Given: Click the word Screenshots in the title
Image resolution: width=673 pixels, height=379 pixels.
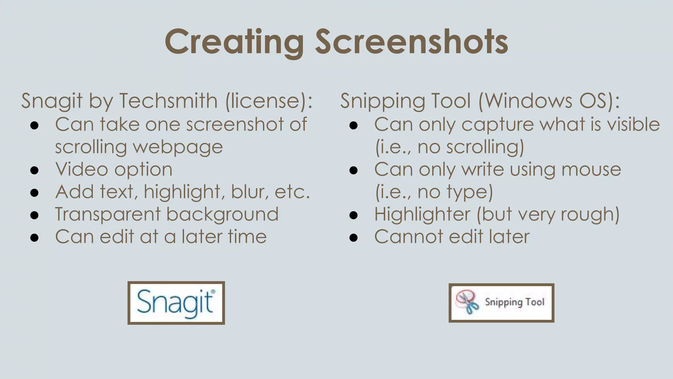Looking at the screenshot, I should tap(412, 42).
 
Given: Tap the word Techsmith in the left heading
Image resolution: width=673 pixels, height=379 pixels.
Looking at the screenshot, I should tap(168, 100).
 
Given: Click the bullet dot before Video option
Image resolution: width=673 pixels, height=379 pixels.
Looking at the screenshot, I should tap(35, 170).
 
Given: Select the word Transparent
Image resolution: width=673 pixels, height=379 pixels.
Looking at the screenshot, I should tap(107, 215).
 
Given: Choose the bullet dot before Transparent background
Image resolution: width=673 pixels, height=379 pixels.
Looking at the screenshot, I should tap(35, 215).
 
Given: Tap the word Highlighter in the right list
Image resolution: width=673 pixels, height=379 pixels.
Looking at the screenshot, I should tap(422, 215).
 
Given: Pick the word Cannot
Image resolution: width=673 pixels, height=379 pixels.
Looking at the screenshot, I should tap(408, 237).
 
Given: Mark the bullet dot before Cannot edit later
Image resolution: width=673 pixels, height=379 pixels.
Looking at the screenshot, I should tap(354, 238).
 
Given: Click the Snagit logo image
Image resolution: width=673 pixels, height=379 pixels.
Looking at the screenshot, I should tap(176, 303).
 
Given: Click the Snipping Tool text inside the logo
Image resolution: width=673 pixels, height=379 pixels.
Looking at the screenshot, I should tap(515, 302).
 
